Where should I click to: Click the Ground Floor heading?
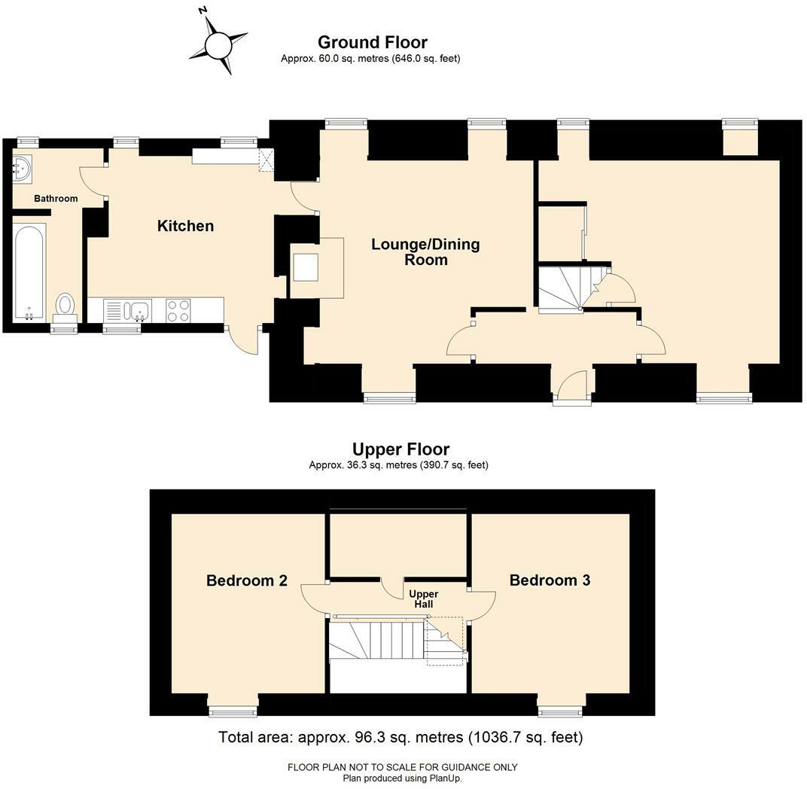(372, 42)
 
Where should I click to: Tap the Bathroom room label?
(56, 199)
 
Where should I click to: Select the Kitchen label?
(185, 226)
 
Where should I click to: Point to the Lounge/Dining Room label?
(425, 252)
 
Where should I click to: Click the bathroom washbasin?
(22, 166)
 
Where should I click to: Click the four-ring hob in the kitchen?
(178, 310)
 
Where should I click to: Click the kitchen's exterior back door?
(244, 340)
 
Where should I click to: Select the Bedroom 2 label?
(246, 580)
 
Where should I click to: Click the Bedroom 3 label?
(550, 580)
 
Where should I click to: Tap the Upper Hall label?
(423, 599)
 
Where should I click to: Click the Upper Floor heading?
(400, 450)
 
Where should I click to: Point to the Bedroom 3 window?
(560, 710)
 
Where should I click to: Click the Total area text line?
(400, 737)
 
